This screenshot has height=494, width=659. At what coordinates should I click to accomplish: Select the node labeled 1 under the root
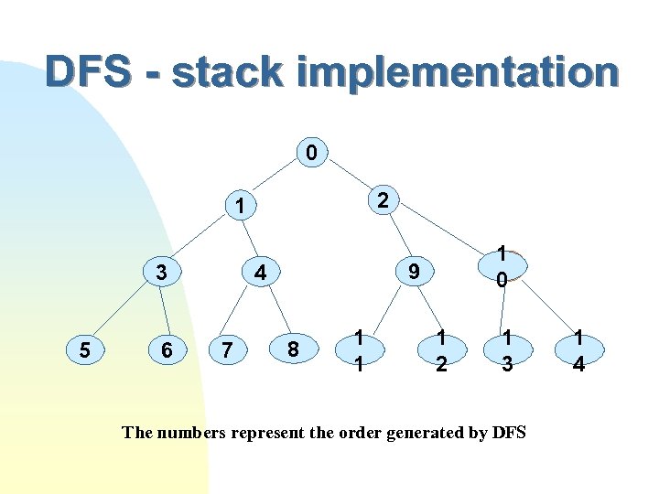[238, 208]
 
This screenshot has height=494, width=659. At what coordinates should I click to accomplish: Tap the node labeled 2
[384, 199]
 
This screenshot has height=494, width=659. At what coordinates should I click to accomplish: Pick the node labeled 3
[161, 272]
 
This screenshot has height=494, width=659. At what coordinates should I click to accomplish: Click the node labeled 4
[260, 272]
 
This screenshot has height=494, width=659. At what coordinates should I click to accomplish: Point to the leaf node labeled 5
[83, 349]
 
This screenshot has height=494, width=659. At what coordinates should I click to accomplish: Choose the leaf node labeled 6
[166, 349]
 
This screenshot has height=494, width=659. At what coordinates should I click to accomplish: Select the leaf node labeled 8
[292, 349]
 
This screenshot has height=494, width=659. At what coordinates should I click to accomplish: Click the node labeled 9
[415, 272]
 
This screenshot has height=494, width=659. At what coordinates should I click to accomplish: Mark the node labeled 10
[502, 265]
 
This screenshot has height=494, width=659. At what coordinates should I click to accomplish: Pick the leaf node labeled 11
[361, 350]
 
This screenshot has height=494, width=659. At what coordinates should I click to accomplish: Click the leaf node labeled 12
[441, 350]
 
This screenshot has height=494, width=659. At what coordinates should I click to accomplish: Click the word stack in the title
[222, 72]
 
